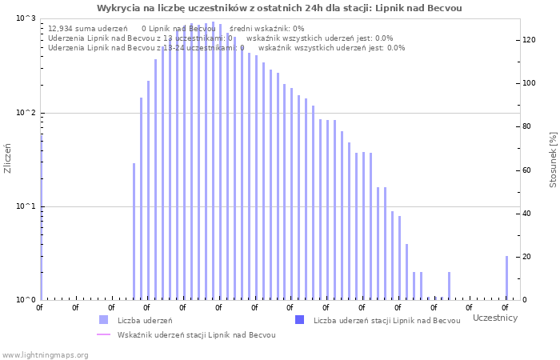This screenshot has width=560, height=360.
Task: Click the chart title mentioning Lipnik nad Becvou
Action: pos(279,8)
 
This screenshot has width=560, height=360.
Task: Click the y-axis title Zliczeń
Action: pos(8,158)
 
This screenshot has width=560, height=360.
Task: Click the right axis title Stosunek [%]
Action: pos(553,160)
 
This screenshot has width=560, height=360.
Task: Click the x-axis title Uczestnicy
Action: pos(494,318)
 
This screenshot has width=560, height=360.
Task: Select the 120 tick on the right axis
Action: pos(529,40)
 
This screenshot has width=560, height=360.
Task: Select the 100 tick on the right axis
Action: pos(529,83)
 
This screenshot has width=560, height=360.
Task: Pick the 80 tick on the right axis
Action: pos(527,126)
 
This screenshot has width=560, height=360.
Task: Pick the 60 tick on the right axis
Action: pos(527,170)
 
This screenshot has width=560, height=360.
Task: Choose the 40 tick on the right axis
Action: pos(527,214)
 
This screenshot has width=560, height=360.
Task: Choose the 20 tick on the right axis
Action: pos(527,257)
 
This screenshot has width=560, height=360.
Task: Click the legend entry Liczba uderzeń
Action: pos(144,321)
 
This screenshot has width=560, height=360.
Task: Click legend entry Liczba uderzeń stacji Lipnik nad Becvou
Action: pos(386,321)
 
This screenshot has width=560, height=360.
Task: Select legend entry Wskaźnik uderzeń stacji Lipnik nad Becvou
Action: pos(196,335)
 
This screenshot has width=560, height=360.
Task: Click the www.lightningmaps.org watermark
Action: pos(45,354)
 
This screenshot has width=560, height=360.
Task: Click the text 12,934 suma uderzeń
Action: pos(87,29)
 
